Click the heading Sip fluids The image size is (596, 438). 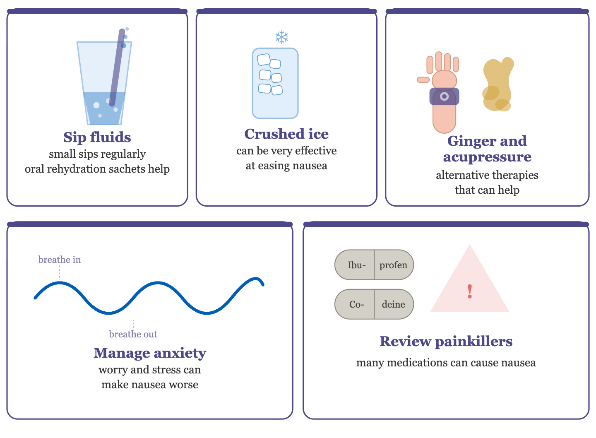coord(97,137)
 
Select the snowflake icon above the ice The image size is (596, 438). coord(282,37)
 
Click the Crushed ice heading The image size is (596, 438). coord(286,134)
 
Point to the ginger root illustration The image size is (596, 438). coord(498,84)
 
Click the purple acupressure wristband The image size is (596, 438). coord(444,96)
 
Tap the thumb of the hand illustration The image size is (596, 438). coord(423,79)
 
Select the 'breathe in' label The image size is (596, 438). coord(59,260)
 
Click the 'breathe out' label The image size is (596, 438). coord(133,334)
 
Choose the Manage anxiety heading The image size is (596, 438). coord(150,354)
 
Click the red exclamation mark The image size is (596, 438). coord(470,291)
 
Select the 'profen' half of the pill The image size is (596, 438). coord(394,265)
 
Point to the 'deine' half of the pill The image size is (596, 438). coord(394,304)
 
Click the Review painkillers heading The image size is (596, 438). coord(446,342)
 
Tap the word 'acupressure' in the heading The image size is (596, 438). coord(487,157)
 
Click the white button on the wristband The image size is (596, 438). coord(444,96)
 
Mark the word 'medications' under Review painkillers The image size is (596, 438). coord(419,363)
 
